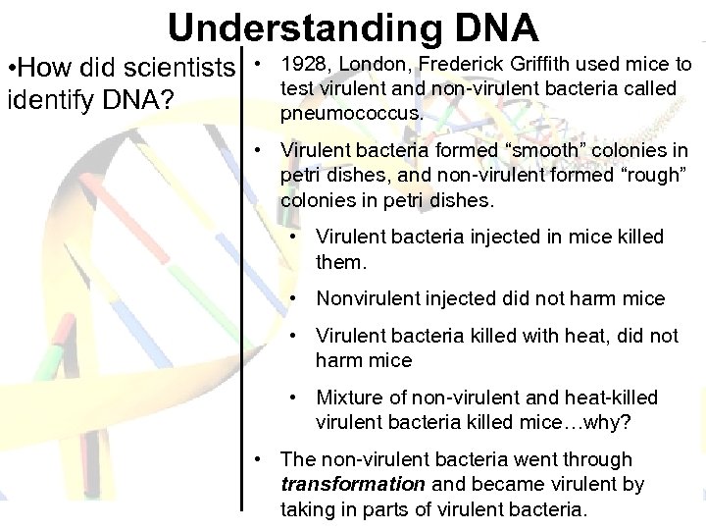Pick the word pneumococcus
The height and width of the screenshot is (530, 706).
(352, 114)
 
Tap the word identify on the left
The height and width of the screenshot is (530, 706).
(42, 101)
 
